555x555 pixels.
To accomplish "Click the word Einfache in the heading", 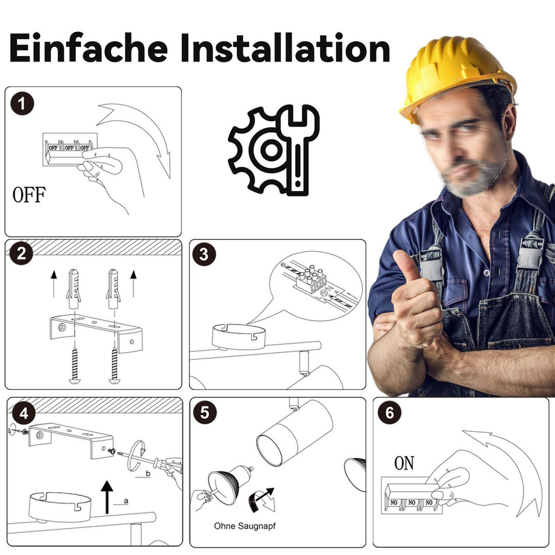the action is [x=88, y=48].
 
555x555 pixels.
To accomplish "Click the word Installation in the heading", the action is [x=285, y=48].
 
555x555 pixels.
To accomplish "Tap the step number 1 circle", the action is [x=22, y=104].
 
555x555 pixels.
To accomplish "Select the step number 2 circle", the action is [x=21, y=254].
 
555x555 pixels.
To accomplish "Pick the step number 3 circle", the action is [x=204, y=254].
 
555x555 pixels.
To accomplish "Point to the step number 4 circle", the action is [x=24, y=414].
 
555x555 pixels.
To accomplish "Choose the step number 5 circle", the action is [x=205, y=413].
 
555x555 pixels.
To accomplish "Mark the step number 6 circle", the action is [x=389, y=413].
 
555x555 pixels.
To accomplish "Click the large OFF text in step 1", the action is [x=29, y=195].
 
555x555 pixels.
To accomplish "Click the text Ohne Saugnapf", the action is [x=245, y=526].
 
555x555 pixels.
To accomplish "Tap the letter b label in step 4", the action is [x=148, y=474].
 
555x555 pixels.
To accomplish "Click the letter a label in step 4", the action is [x=126, y=501].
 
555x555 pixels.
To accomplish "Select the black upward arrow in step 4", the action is [x=107, y=497].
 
